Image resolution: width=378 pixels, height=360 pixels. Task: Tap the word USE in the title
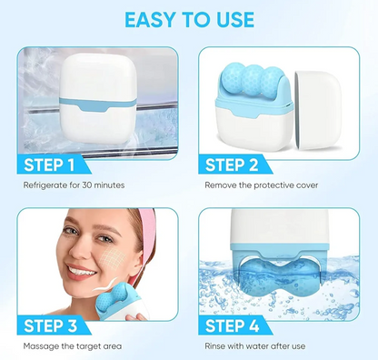235,19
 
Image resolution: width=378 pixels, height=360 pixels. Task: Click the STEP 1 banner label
49,165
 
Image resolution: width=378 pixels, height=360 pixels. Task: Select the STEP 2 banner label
232,165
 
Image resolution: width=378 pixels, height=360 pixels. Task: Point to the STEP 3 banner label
50,326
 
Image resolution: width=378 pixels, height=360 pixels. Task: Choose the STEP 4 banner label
232,326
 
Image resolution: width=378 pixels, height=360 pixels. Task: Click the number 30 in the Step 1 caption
86,185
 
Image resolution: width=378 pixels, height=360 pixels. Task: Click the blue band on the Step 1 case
98,105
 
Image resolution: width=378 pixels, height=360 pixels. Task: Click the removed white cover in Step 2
318,110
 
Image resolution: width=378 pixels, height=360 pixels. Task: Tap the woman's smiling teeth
81,271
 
